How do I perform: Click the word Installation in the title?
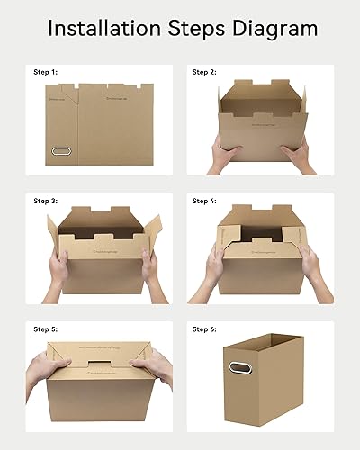pos(98,28)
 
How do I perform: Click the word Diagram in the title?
pos(274,29)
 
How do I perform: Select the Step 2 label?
pos(205,71)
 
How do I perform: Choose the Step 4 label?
pos(205,201)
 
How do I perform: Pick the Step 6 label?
pos(205,329)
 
